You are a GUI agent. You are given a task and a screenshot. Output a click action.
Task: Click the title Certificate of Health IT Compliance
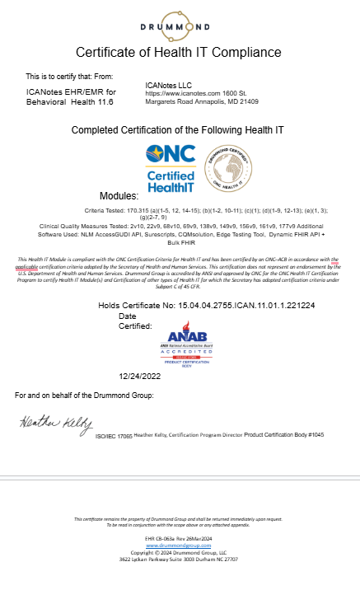[179, 53]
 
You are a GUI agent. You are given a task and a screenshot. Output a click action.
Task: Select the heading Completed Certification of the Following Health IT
[179, 130]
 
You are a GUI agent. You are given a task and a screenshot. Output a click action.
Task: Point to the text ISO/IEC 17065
[115, 434]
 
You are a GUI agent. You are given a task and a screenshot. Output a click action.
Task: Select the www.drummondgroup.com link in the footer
[178, 546]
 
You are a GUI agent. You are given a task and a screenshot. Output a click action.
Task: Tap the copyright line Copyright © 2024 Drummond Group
[178, 552]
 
